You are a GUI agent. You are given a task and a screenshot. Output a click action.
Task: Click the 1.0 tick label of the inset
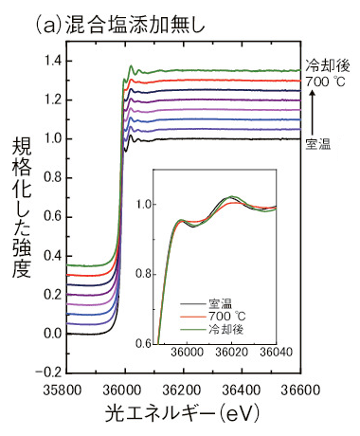click(x=144, y=203)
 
